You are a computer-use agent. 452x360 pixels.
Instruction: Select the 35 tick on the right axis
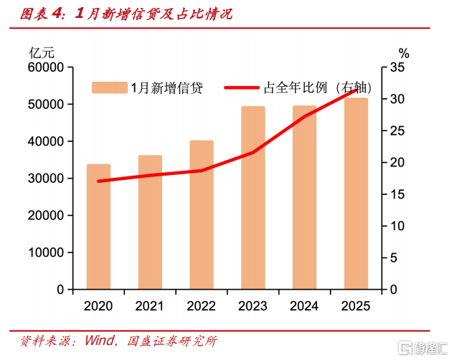tap(398, 67)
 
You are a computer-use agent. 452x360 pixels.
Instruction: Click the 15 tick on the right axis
tap(398, 194)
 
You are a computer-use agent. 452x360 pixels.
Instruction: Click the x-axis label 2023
tap(253, 306)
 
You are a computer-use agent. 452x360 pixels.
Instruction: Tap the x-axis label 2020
tap(98, 306)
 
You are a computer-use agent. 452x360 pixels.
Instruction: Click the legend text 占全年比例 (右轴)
tap(318, 88)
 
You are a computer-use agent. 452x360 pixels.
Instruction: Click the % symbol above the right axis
tap(404, 52)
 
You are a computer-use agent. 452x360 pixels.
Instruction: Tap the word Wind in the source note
tap(100, 340)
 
